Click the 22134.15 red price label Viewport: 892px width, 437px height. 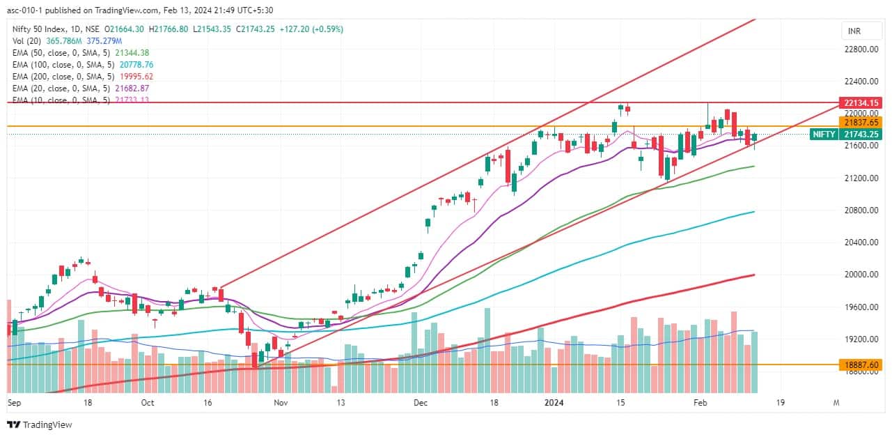pyautogui.click(x=860, y=102)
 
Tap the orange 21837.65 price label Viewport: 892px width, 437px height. pyautogui.click(x=860, y=122)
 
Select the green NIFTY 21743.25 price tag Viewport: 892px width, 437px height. pyautogui.click(x=848, y=134)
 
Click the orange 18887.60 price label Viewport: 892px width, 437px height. pyautogui.click(x=860, y=364)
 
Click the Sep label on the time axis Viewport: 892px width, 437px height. pyautogui.click(x=14, y=402)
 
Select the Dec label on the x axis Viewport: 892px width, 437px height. pyautogui.click(x=420, y=402)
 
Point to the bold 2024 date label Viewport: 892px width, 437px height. pyautogui.click(x=554, y=402)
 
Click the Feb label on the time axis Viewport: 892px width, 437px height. pyautogui.click(x=701, y=402)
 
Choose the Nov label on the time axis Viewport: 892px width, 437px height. pyautogui.click(x=280, y=402)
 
